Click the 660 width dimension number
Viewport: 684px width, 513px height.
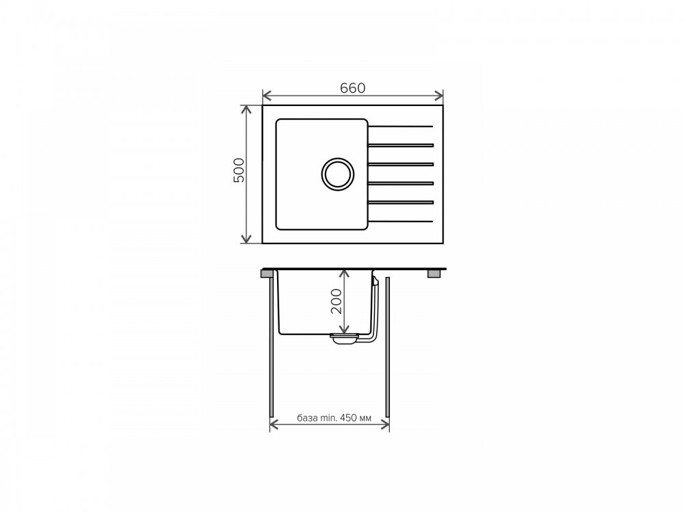click(x=352, y=88)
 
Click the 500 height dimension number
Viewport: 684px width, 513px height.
click(x=239, y=170)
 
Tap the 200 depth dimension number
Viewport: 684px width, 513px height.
click(x=337, y=301)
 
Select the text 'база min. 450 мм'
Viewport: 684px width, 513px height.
click(x=334, y=419)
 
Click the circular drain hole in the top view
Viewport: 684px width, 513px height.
click(x=338, y=174)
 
